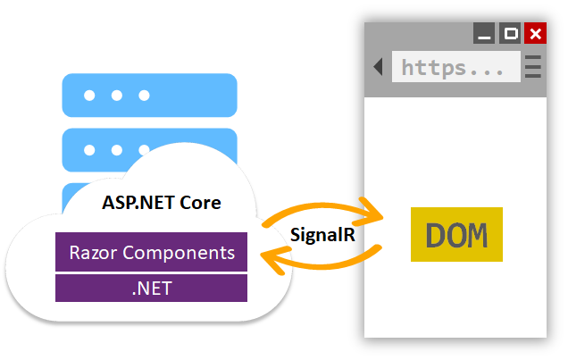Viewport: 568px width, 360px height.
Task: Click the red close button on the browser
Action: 535,34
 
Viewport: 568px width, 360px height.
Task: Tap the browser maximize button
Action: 511,34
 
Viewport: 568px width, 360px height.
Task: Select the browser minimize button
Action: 486,35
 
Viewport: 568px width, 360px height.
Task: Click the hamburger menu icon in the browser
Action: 533,67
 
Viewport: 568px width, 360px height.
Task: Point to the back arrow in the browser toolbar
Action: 379,67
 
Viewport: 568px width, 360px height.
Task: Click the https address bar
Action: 455,67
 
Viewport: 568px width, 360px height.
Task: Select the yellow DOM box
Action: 456,235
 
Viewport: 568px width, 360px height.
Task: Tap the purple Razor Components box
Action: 151,253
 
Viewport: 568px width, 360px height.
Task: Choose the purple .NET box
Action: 151,288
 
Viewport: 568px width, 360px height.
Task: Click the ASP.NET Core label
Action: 161,203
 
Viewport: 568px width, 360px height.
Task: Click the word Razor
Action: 94,253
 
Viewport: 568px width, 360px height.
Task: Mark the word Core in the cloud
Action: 201,203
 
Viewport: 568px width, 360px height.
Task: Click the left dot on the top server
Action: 88,96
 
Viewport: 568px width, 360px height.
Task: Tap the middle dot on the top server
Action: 116,96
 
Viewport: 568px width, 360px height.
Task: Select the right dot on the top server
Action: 144,96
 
